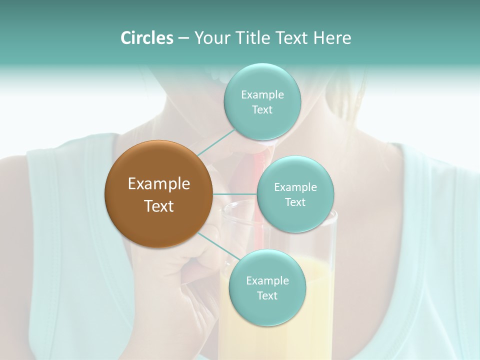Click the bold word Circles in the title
coord(146,38)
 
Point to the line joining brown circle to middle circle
coord(234,194)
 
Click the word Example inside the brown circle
coord(158,184)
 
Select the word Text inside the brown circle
coord(158,206)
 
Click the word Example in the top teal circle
coord(262,95)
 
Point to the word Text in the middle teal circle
coord(295,202)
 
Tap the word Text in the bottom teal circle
coord(266,296)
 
